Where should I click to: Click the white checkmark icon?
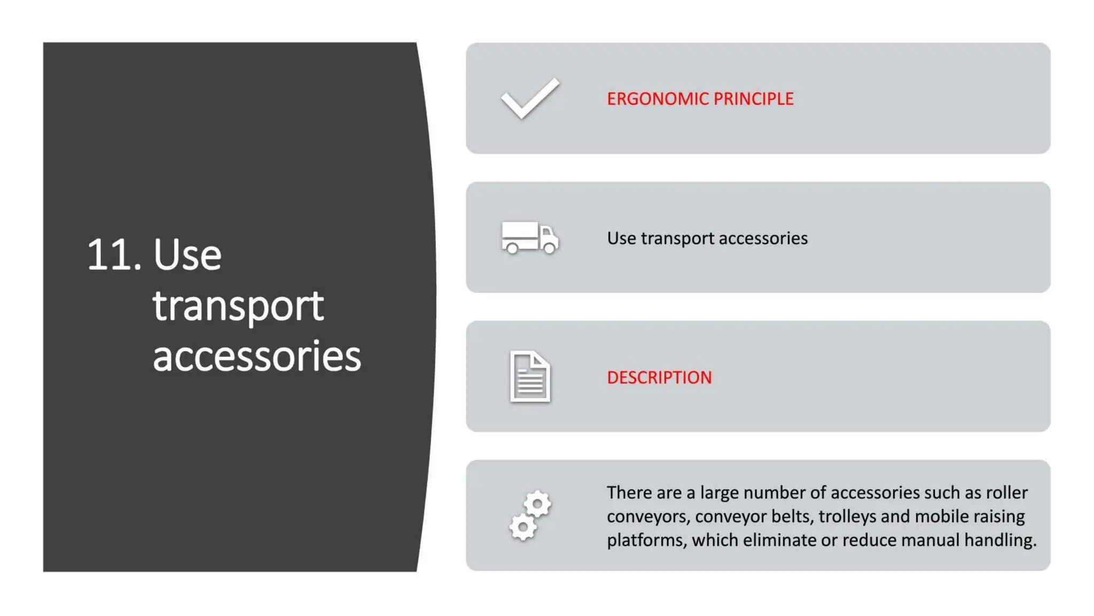click(530, 98)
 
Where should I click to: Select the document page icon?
click(530, 376)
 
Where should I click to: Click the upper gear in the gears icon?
click(537, 504)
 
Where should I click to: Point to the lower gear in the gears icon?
click(523, 528)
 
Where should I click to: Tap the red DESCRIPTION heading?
click(659, 378)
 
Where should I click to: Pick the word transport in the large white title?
click(238, 306)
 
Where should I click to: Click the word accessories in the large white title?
click(257, 356)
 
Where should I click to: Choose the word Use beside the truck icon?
click(621, 238)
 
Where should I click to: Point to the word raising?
click(996, 517)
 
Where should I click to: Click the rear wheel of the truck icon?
click(512, 248)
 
